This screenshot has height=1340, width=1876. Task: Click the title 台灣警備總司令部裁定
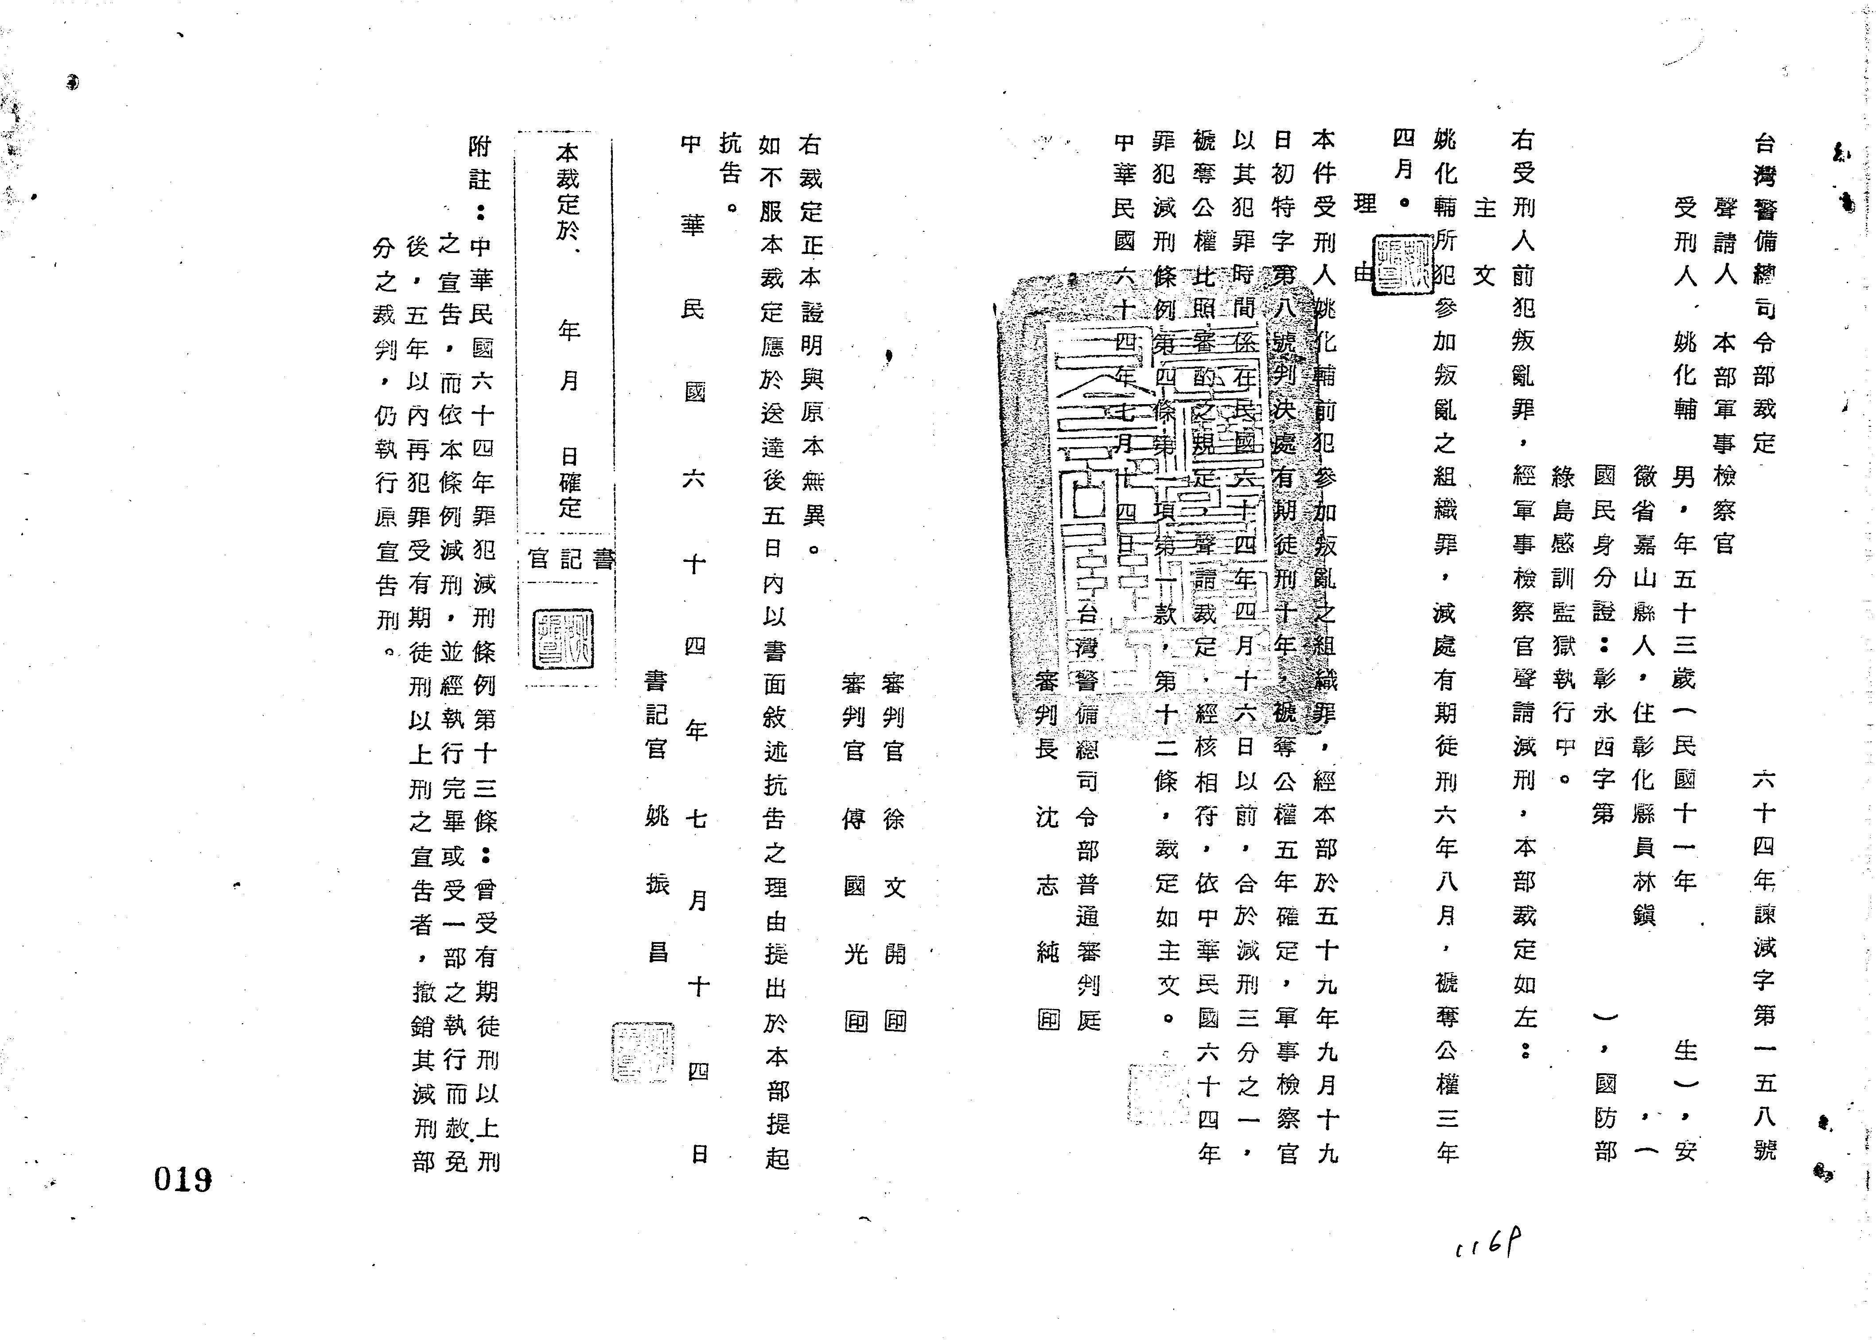point(1763,293)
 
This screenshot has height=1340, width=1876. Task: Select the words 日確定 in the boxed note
point(569,483)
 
